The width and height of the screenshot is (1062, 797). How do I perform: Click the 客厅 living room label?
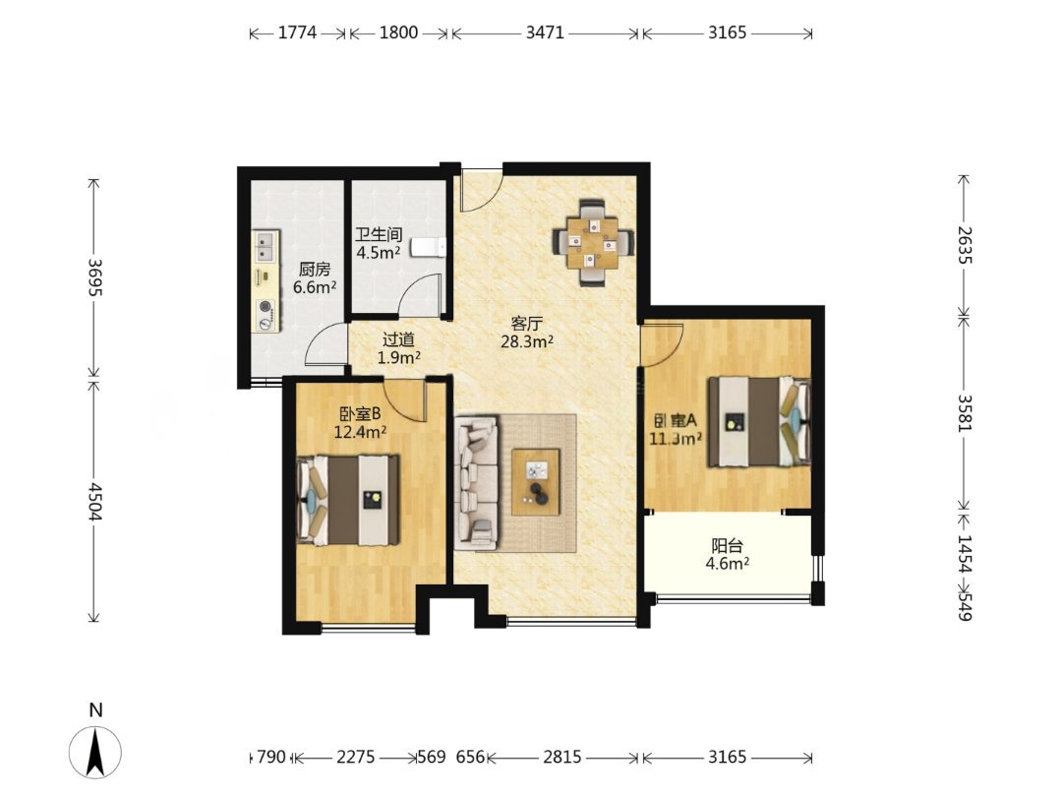point(526,324)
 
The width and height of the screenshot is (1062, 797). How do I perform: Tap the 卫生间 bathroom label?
point(379,235)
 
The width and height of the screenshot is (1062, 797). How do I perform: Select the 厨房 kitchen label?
point(315,269)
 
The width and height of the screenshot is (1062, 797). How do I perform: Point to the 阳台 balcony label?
point(728,545)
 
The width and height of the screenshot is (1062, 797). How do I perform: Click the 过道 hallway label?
point(398,339)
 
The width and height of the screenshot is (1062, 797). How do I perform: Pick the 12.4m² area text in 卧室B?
point(360,431)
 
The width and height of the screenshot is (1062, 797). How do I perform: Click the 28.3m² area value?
point(527,341)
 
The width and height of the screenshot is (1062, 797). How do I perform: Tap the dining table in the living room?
point(593,243)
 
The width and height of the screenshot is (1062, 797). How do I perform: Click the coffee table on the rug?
point(536,482)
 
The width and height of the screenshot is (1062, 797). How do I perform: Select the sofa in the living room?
point(476,482)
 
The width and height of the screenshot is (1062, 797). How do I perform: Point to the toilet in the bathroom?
point(429,247)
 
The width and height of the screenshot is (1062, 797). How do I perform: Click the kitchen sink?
point(265,247)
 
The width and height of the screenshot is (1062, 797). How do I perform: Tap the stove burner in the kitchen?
point(266,309)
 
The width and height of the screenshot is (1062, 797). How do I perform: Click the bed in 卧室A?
point(759,421)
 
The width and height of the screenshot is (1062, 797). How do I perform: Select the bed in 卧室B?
point(348,500)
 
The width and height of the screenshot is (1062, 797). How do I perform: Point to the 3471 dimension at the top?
point(545,32)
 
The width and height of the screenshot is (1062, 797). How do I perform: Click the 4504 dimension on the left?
point(94,502)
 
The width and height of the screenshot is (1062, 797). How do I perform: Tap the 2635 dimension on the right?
point(964,246)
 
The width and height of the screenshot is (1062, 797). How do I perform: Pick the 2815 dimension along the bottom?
point(562,757)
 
